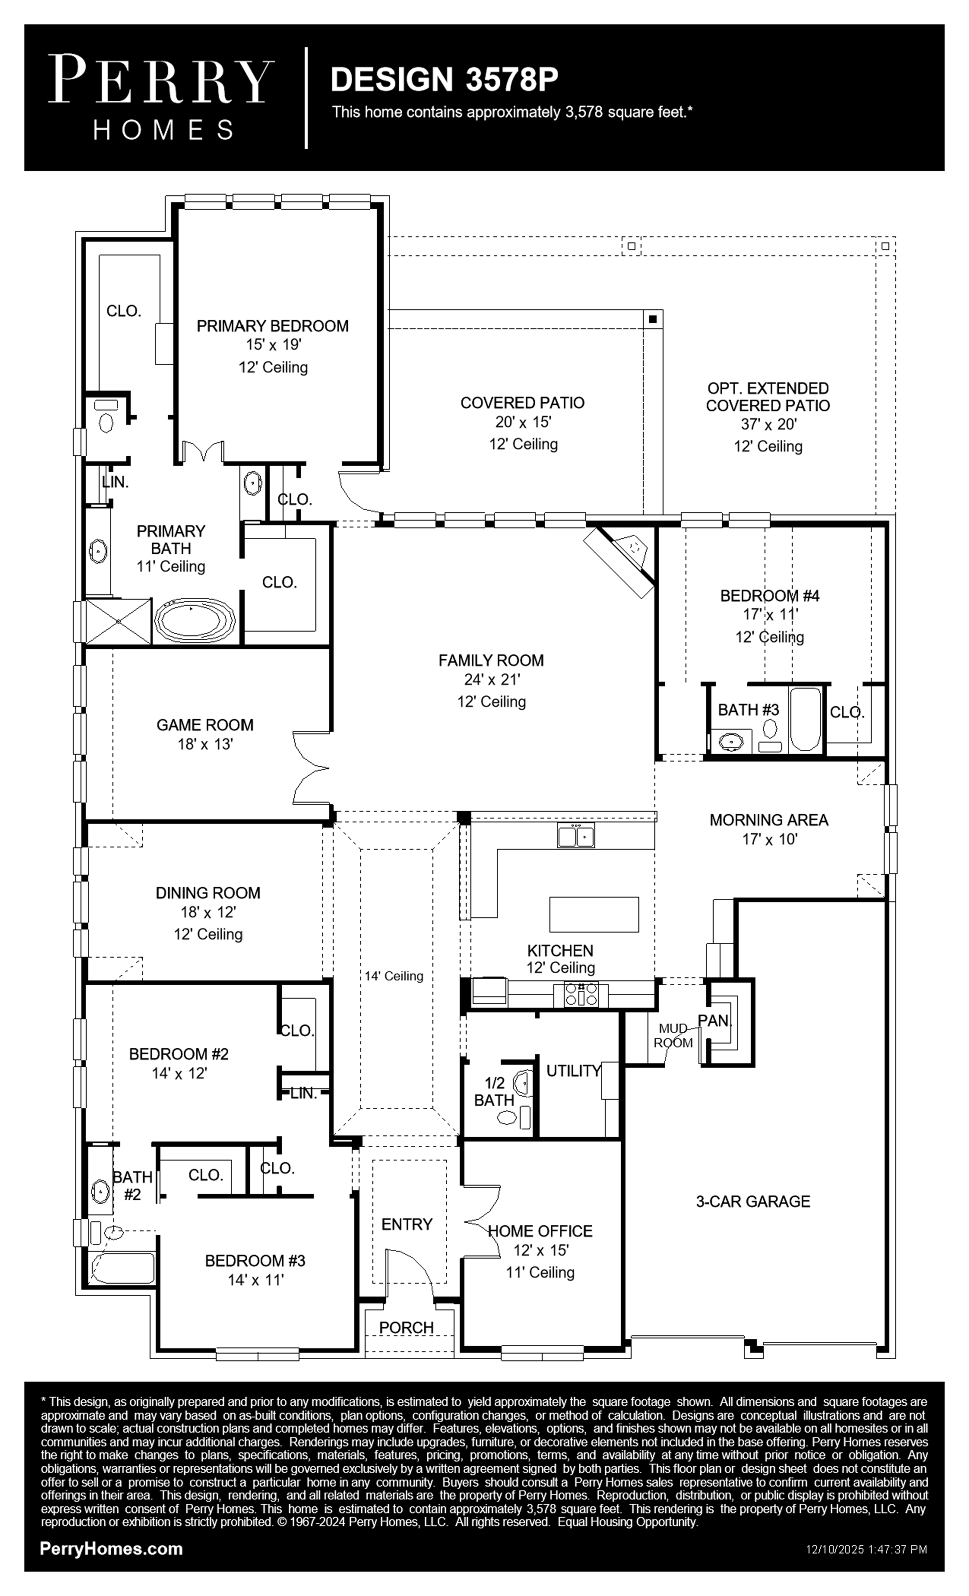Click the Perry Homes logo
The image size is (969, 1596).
pos(161,97)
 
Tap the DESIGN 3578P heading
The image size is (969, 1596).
pos(444,79)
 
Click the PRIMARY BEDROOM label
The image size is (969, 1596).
pos(273,326)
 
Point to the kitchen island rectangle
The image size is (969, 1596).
pos(594,914)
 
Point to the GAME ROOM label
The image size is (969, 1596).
pos(205,725)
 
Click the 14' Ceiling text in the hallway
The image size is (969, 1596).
pos(394,975)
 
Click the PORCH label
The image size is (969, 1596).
pos(406,1327)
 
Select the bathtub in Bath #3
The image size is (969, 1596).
pos(805,719)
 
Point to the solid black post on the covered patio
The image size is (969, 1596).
pos(653,319)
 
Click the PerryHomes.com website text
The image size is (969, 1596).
pos(111,1549)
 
